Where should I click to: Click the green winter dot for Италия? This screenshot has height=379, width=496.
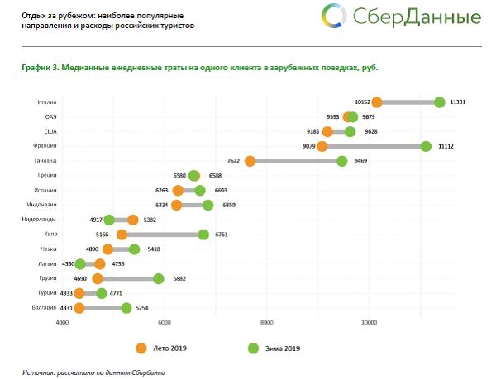(439, 102)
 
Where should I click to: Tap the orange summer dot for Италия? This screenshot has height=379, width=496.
(377, 102)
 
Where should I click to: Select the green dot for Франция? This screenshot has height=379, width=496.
(426, 146)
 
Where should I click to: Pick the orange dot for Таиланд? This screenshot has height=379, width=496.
(250, 161)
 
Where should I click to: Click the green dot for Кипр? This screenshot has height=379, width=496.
(203, 235)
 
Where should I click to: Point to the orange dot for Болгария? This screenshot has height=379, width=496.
(79, 308)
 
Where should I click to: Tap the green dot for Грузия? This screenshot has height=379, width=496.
(159, 278)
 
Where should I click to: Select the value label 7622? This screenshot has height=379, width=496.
(233, 161)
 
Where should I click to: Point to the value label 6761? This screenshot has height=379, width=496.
(223, 235)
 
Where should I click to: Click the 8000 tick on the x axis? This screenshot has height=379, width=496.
(266, 322)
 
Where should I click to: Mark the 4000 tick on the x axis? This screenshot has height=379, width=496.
(62, 322)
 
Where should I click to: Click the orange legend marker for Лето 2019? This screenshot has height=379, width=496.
(141, 348)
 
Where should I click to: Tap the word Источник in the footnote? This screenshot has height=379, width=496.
(38, 372)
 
